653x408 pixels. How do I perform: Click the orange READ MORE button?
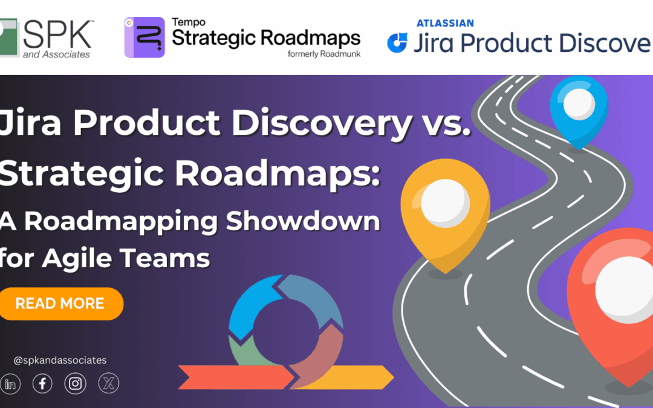point(60,303)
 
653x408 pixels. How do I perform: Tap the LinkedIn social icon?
point(10,383)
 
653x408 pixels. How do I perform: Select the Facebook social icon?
point(42,383)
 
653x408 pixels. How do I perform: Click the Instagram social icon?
point(75,383)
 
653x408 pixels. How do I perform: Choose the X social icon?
point(108,383)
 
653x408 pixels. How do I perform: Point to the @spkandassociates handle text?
point(60,360)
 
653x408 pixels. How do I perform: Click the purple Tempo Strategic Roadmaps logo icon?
point(144,37)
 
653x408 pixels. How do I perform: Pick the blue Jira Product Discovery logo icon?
point(397,43)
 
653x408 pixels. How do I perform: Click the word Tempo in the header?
point(188,22)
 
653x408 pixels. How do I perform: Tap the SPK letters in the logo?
point(58,34)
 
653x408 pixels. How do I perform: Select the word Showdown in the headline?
point(303,221)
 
